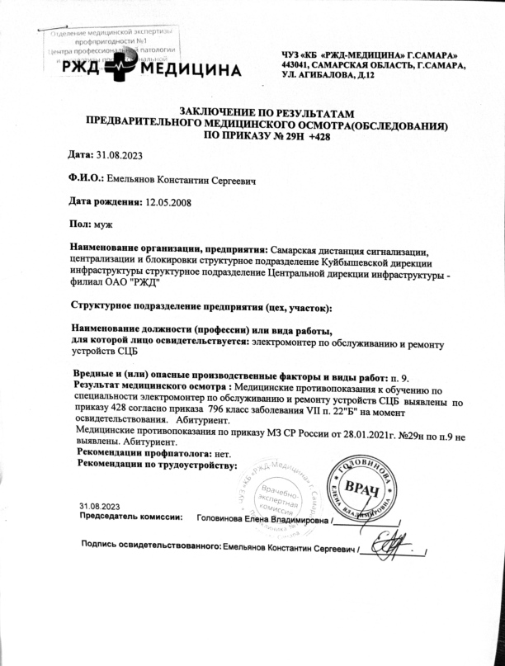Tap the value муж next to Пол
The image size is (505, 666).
point(103,224)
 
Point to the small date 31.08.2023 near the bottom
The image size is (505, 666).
point(100,505)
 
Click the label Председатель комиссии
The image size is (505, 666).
point(130,517)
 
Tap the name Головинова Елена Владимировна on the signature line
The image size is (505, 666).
point(263,520)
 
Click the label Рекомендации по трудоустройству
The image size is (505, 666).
point(157,465)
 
